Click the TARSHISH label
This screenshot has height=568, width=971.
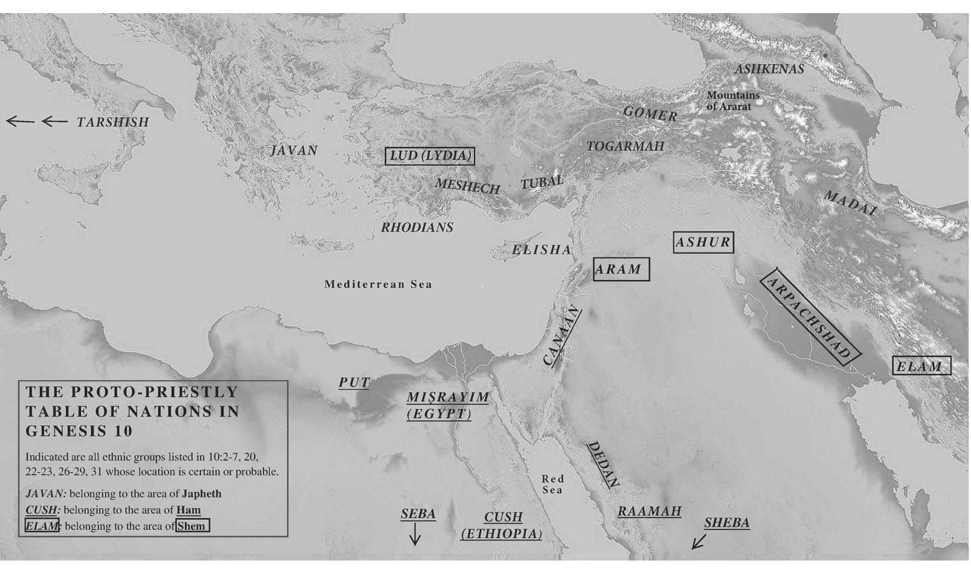113,122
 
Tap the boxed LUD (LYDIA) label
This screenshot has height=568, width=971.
430,156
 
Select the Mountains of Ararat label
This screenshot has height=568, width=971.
732,101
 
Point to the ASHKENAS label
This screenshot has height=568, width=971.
769,69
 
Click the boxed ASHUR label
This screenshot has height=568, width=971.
703,242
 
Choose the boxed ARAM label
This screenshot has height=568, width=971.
621,269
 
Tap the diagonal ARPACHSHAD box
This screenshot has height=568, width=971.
810,317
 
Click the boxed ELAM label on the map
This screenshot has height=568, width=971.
921,366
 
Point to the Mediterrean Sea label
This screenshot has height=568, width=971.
378,284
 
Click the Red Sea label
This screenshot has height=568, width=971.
552,484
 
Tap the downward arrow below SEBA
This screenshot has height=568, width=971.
415,534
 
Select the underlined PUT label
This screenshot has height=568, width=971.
354,383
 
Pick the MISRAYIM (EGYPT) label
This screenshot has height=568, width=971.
447,405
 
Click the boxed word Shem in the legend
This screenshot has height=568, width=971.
192,526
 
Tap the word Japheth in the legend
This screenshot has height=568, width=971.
201,494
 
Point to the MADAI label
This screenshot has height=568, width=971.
850,203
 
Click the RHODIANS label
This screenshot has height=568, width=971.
417,228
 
